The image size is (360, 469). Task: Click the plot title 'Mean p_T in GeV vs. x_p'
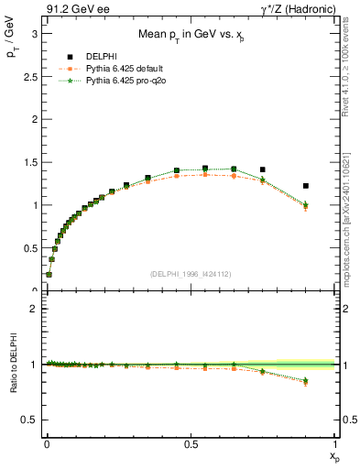pyautogui.click(x=190, y=37)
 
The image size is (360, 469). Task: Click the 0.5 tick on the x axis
pyautogui.click(x=191, y=443)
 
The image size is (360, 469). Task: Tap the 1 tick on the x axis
pyautogui.click(x=334, y=443)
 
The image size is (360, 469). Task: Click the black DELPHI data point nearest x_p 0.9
pyautogui.click(x=306, y=186)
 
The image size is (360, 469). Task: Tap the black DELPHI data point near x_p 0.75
pyautogui.click(x=263, y=169)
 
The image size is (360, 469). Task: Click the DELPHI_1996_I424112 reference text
pyautogui.click(x=191, y=274)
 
